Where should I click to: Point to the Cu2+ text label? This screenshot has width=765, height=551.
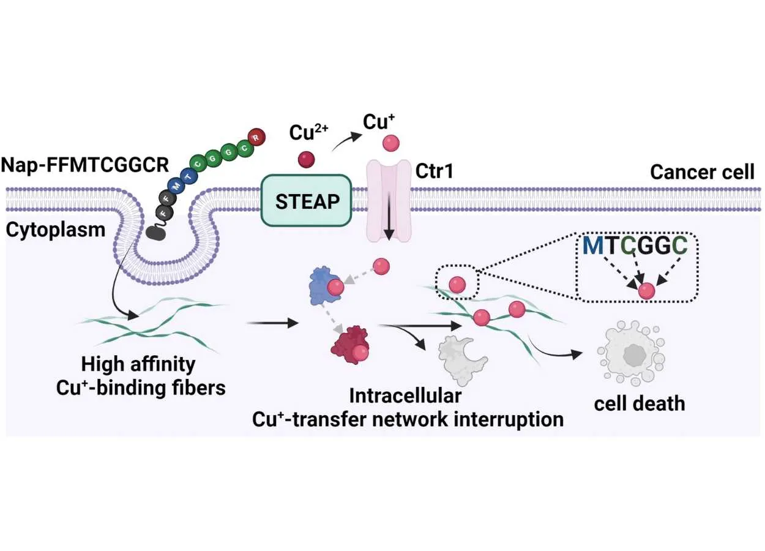click(308, 132)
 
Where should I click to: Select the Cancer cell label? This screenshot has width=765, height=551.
click(702, 172)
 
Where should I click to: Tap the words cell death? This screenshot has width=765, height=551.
click(640, 403)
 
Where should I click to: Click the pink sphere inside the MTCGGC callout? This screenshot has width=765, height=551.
click(646, 291)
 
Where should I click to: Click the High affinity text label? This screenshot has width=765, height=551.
click(138, 365)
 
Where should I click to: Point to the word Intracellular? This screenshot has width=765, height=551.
click(405, 396)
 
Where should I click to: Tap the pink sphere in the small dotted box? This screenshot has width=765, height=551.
click(457, 284)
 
